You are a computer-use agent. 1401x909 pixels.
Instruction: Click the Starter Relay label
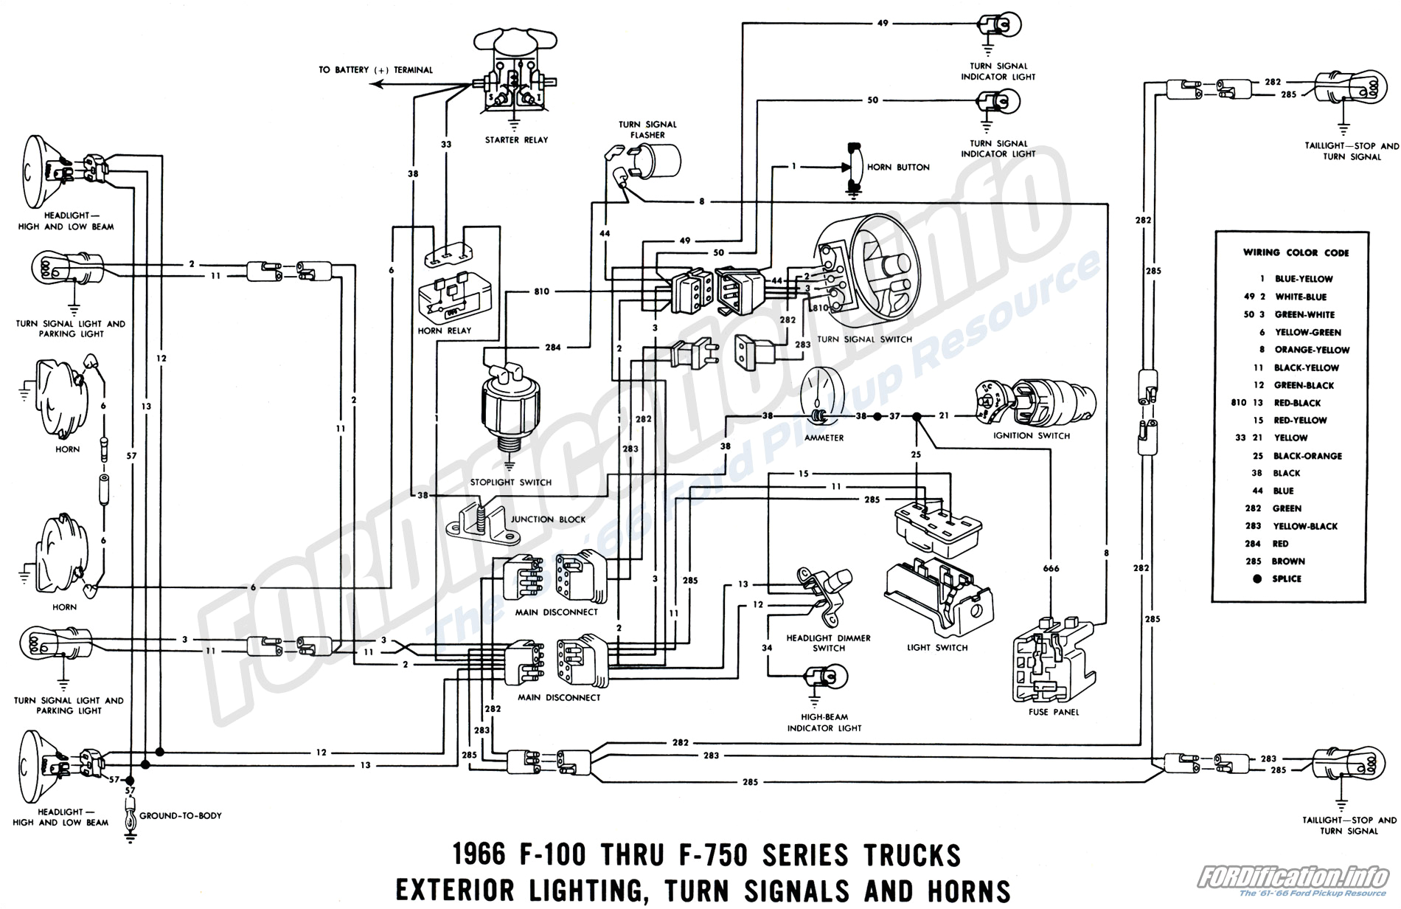pyautogui.click(x=516, y=139)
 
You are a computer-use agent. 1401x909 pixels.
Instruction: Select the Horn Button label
pyautogui.click(x=897, y=167)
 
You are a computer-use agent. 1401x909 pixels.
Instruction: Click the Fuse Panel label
pyautogui.click(x=1054, y=712)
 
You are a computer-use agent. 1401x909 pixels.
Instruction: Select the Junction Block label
pyautogui.click(x=548, y=519)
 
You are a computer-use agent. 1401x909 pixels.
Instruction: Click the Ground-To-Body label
pyautogui.click(x=181, y=815)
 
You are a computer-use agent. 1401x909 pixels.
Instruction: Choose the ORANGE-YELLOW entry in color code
pyautogui.click(x=1312, y=350)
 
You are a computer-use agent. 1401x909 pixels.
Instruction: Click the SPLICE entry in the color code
pyautogui.click(x=1287, y=578)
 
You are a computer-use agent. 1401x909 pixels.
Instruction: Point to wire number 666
pyautogui.click(x=1051, y=568)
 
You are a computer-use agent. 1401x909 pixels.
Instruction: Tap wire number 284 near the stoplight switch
pyautogui.click(x=553, y=347)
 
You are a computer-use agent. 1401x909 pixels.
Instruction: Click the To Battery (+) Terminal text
pyautogui.click(x=375, y=70)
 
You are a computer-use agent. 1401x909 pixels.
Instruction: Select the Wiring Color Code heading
pyautogui.click(x=1296, y=252)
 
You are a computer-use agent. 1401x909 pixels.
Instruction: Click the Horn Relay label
pyautogui.click(x=444, y=331)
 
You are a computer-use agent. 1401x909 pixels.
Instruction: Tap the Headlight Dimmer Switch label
pyautogui.click(x=828, y=643)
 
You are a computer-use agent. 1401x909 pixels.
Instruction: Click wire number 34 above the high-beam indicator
pyautogui.click(x=767, y=648)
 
